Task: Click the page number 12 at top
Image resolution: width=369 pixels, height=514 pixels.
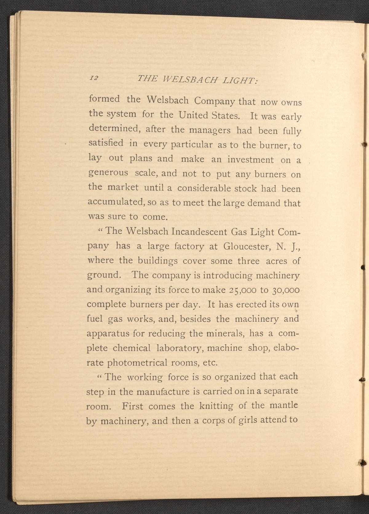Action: [94, 78]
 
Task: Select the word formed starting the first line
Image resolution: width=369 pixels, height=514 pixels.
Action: [104, 99]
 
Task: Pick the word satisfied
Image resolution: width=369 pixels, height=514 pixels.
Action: [106, 143]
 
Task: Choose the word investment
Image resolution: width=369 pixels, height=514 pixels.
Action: [250, 160]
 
